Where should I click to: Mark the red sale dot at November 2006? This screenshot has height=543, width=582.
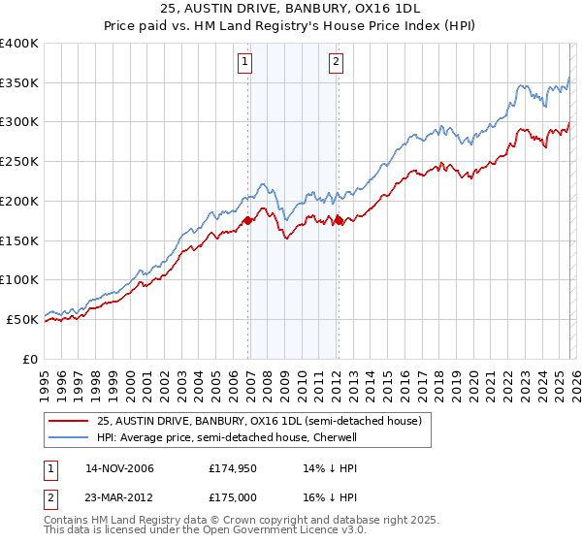[247, 221]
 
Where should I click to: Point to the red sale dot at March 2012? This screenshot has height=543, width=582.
[339, 221]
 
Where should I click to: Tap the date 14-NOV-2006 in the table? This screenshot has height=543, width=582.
[119, 468]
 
